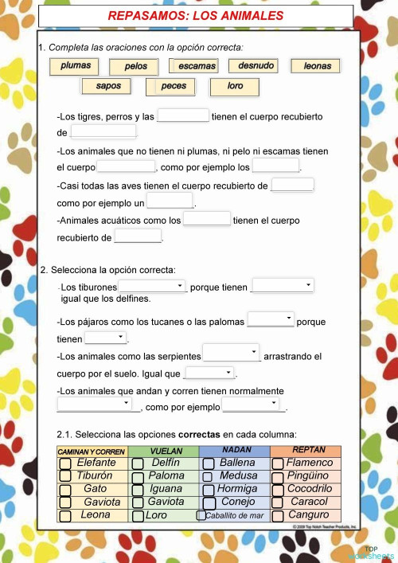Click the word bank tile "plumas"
click(x=76, y=66)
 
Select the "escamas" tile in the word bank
click(x=197, y=66)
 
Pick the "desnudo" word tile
click(x=255, y=65)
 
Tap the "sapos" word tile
click(x=108, y=85)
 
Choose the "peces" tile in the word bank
click(x=174, y=85)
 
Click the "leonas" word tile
click(x=316, y=66)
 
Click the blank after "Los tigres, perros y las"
click(x=183, y=116)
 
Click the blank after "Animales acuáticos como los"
click(x=207, y=218)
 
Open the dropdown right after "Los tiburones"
click(x=152, y=286)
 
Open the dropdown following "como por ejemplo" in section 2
click(x=253, y=406)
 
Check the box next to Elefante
click(x=67, y=463)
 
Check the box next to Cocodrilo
click(x=278, y=489)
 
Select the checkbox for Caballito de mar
click(x=201, y=515)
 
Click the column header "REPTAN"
click(x=308, y=451)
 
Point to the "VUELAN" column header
click(x=165, y=451)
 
